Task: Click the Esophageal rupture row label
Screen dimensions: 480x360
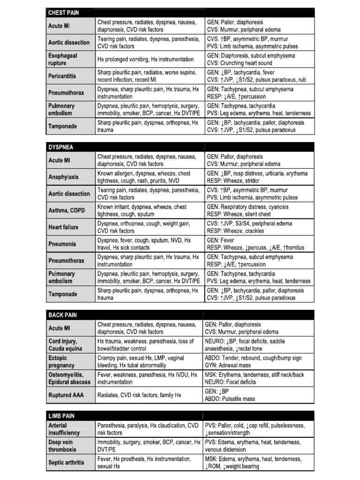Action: point(63,59)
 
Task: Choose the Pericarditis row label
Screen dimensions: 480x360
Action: point(62,76)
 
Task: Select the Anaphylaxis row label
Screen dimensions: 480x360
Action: point(64,177)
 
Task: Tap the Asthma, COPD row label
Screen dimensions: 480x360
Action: point(67,210)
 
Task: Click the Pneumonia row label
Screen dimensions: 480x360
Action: point(62,244)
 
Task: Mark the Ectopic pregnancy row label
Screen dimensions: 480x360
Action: point(61,361)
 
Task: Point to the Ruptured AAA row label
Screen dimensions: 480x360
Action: point(66,395)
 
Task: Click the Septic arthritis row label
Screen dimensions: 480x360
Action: point(67,463)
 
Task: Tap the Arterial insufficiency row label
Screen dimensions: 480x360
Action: point(64,429)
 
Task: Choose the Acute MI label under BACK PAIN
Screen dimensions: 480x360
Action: point(60,328)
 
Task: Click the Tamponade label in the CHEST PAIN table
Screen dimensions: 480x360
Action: point(62,126)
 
